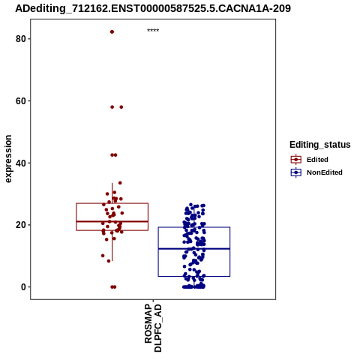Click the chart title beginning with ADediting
tap(153, 8)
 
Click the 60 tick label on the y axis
tap(20, 100)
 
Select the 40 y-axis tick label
tap(20, 163)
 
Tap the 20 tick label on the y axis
tap(20, 225)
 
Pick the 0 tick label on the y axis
tap(23, 286)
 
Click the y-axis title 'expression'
tap(8, 159)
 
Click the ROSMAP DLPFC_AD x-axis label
tap(153, 328)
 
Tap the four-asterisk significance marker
tap(153, 31)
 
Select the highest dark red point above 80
tap(112, 31)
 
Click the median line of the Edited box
tap(112, 221)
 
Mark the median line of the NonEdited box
tap(194, 248)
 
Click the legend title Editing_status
tap(320, 145)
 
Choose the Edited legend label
tap(317, 160)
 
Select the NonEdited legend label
tap(325, 172)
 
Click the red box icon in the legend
tap(296, 160)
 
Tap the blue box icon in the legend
tap(296, 172)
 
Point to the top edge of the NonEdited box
tap(194, 227)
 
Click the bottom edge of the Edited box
tap(112, 230)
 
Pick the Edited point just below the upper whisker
tap(120, 183)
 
